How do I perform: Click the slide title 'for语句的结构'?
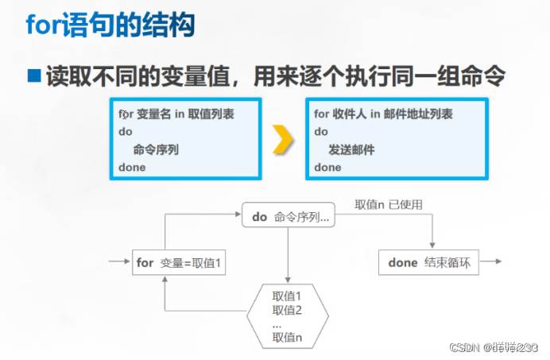pyautogui.click(x=110, y=25)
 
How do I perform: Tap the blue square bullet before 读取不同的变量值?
pyautogui.click(x=33, y=77)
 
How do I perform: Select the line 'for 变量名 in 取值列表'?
pyautogui.click(x=176, y=114)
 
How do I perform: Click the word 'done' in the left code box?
pyautogui.click(x=132, y=168)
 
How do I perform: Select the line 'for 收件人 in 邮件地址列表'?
pyautogui.click(x=383, y=114)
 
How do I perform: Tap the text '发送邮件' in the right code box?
pyautogui.click(x=351, y=149)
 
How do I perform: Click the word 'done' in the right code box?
pyautogui.click(x=327, y=168)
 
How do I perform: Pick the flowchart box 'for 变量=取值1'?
pyautogui.click(x=179, y=262)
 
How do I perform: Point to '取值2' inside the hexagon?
pyautogui.click(x=287, y=310)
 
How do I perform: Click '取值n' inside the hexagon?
pyautogui.click(x=287, y=337)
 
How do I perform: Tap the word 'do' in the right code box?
pyautogui.click(x=321, y=131)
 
